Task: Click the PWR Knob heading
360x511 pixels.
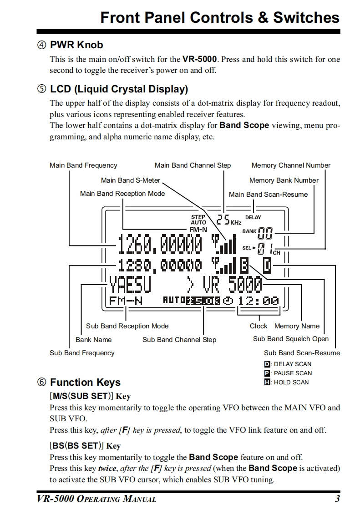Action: [x=76, y=45]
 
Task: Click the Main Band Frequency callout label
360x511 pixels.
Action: [x=83, y=165]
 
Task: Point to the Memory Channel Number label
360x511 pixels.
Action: [x=291, y=165]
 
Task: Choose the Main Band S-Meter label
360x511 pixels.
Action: [x=131, y=180]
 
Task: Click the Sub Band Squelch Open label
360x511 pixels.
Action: [x=290, y=339]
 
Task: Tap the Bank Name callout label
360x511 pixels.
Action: [x=93, y=339]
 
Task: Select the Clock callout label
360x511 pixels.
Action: [x=259, y=326]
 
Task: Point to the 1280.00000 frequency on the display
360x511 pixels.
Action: [x=160, y=265]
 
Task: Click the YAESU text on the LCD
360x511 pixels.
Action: [x=130, y=286]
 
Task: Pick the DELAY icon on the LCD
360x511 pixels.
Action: [x=254, y=218]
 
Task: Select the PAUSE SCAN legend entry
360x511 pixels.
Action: [x=288, y=373]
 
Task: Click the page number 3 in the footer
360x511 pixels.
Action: [x=337, y=499]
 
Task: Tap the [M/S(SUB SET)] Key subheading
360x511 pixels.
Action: [x=91, y=396]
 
